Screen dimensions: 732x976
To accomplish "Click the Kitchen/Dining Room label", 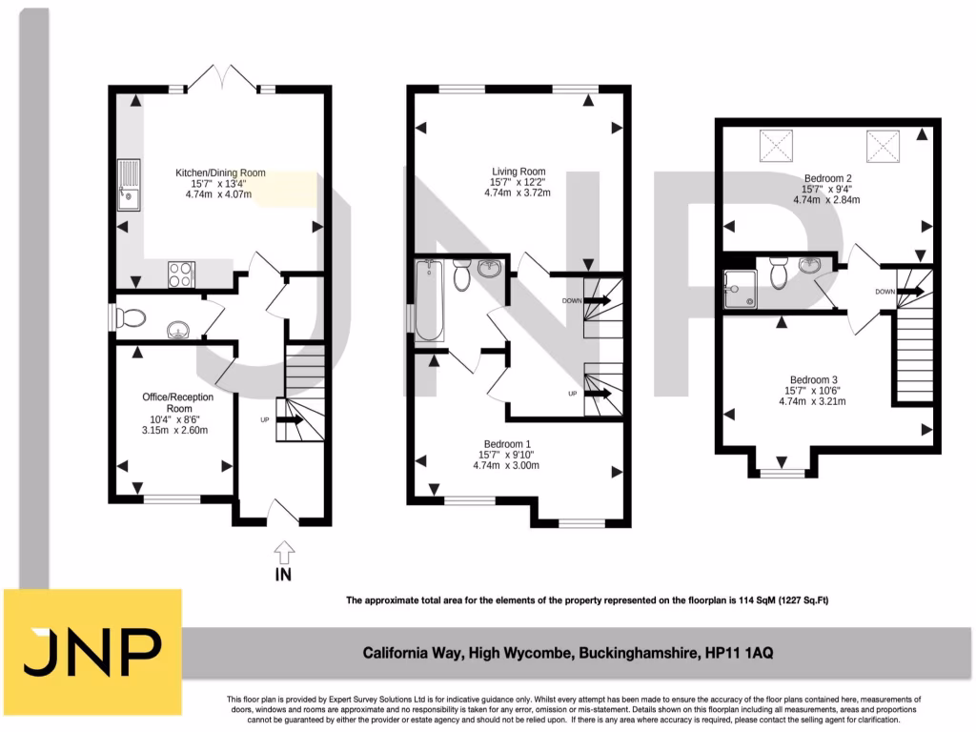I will tap(219, 173).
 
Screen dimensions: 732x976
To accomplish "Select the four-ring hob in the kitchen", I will tap(181, 274).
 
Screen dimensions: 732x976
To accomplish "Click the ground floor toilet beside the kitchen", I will tap(131, 317).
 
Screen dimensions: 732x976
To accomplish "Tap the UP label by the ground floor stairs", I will tap(265, 419).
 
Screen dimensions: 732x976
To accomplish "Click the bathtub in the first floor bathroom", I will tap(430, 299).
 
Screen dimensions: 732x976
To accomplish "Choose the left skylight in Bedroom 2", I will tap(776, 146).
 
